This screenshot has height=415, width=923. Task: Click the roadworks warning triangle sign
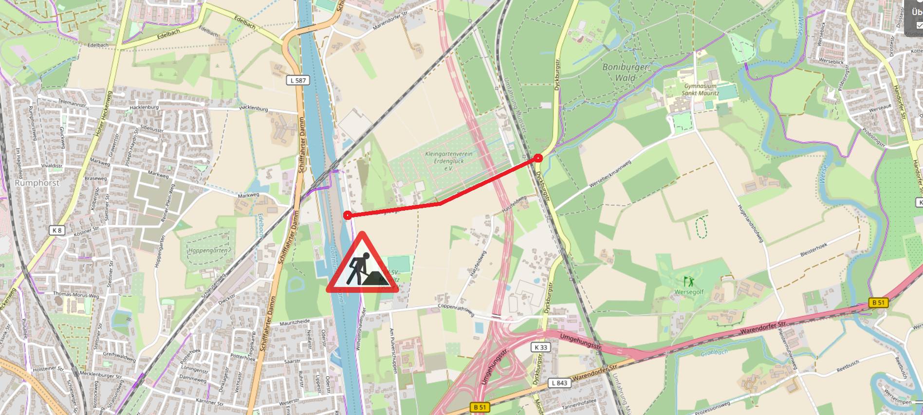pyautogui.click(x=362, y=265)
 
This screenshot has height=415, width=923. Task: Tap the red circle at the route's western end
pyautogui.click(x=347, y=216)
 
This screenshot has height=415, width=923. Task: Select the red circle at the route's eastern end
pyautogui.click(x=538, y=158)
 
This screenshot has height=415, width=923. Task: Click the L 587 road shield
pyautogui.click(x=298, y=80)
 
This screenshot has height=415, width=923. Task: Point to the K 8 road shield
pyautogui.click(x=57, y=230)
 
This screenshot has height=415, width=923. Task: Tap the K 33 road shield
pyautogui.click(x=540, y=347)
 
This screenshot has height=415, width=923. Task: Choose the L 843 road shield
pyautogui.click(x=559, y=383)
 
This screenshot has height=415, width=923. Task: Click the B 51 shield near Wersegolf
pyautogui.click(x=878, y=303)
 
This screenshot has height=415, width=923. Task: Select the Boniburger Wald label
pyautogui.click(x=626, y=72)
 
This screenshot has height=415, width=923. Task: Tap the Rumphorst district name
pyautogui.click(x=37, y=183)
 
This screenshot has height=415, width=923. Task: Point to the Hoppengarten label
pyautogui.click(x=208, y=251)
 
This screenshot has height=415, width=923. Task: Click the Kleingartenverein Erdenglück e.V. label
pyautogui.click(x=448, y=161)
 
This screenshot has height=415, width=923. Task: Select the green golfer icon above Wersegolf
pyautogui.click(x=688, y=281)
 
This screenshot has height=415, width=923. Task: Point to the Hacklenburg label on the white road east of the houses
pyautogui.click(x=253, y=109)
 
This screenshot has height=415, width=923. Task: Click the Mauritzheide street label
pyautogui.click(x=295, y=323)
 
